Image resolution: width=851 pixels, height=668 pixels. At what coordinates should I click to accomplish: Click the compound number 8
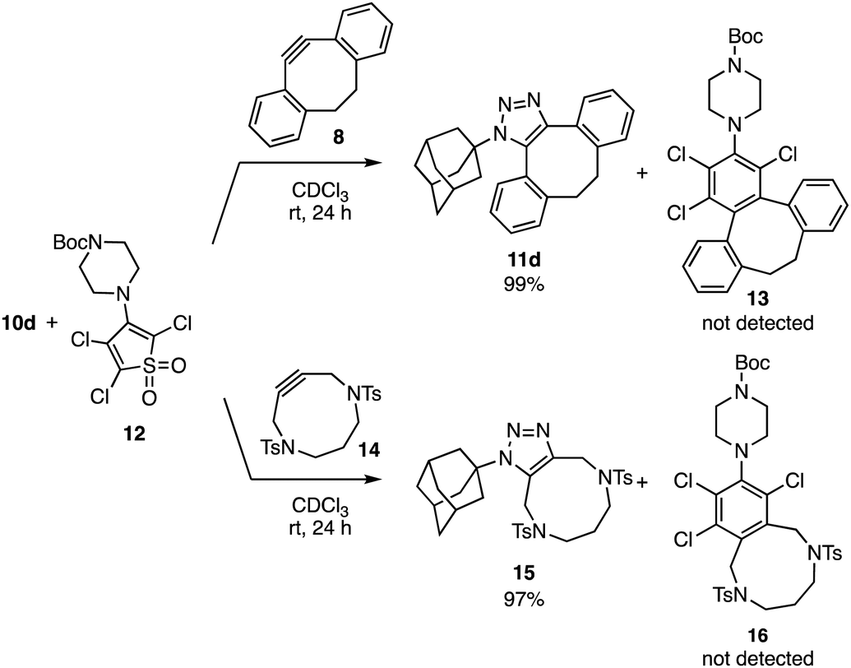[x=338, y=138]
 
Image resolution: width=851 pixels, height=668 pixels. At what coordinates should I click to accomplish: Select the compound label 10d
[x=19, y=324]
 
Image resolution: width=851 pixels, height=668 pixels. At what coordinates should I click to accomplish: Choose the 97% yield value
[x=523, y=599]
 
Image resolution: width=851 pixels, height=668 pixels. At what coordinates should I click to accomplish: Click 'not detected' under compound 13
[x=757, y=323]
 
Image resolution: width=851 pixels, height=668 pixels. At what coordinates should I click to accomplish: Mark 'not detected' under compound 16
[x=757, y=657]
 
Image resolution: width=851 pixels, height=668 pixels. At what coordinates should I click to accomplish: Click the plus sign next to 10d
[x=52, y=324]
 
